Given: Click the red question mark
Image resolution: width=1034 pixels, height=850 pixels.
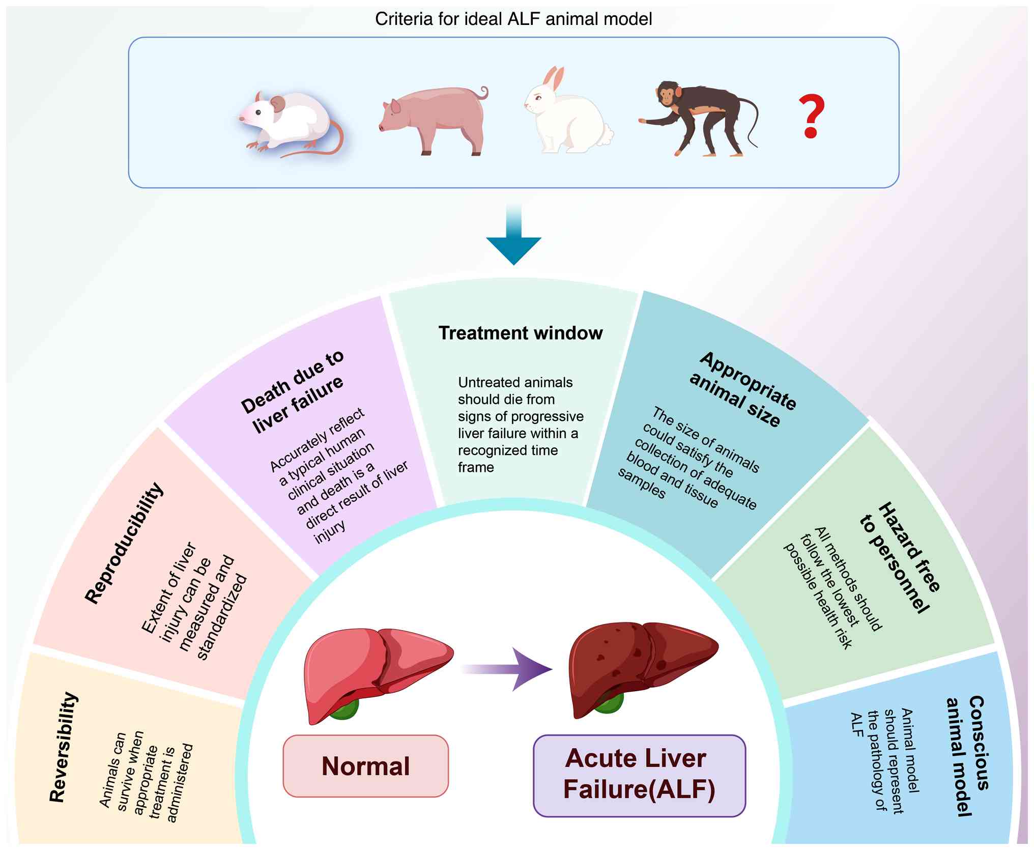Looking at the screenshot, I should [x=811, y=116].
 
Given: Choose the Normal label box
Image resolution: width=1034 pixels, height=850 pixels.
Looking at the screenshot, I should [x=365, y=766].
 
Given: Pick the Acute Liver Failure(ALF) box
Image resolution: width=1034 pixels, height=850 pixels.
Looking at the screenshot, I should [x=639, y=775].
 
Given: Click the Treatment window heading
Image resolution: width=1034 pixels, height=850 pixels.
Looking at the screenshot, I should [x=521, y=333].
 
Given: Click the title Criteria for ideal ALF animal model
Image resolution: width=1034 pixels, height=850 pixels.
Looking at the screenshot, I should [x=513, y=19].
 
